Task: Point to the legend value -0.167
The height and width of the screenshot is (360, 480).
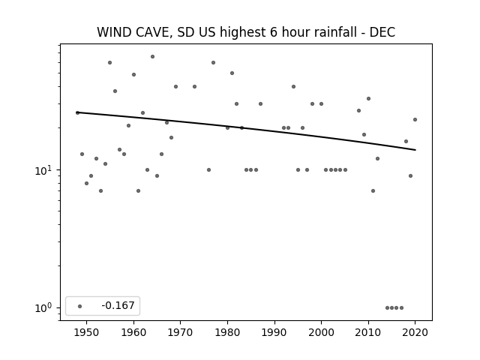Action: (x=118, y=305)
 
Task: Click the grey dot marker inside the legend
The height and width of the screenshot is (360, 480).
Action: (x=80, y=306)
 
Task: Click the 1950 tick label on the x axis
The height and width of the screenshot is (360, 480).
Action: (x=87, y=332)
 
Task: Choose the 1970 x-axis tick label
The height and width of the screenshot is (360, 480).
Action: (x=180, y=332)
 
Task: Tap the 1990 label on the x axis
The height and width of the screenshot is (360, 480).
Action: (x=274, y=332)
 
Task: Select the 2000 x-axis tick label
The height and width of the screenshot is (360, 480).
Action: (x=322, y=332)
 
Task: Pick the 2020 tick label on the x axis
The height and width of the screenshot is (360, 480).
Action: (x=415, y=332)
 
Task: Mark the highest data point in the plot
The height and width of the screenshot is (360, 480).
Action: (x=152, y=57)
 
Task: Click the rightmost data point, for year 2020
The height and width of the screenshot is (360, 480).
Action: (x=415, y=120)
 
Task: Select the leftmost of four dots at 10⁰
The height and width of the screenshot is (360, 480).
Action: (x=387, y=308)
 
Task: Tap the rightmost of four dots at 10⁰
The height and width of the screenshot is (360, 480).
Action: (x=402, y=308)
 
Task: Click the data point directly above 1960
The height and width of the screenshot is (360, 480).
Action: (x=133, y=75)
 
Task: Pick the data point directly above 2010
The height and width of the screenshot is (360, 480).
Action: (x=368, y=98)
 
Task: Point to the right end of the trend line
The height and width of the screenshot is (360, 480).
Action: (x=415, y=150)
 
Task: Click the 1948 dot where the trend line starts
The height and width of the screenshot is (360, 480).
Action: (x=77, y=112)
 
